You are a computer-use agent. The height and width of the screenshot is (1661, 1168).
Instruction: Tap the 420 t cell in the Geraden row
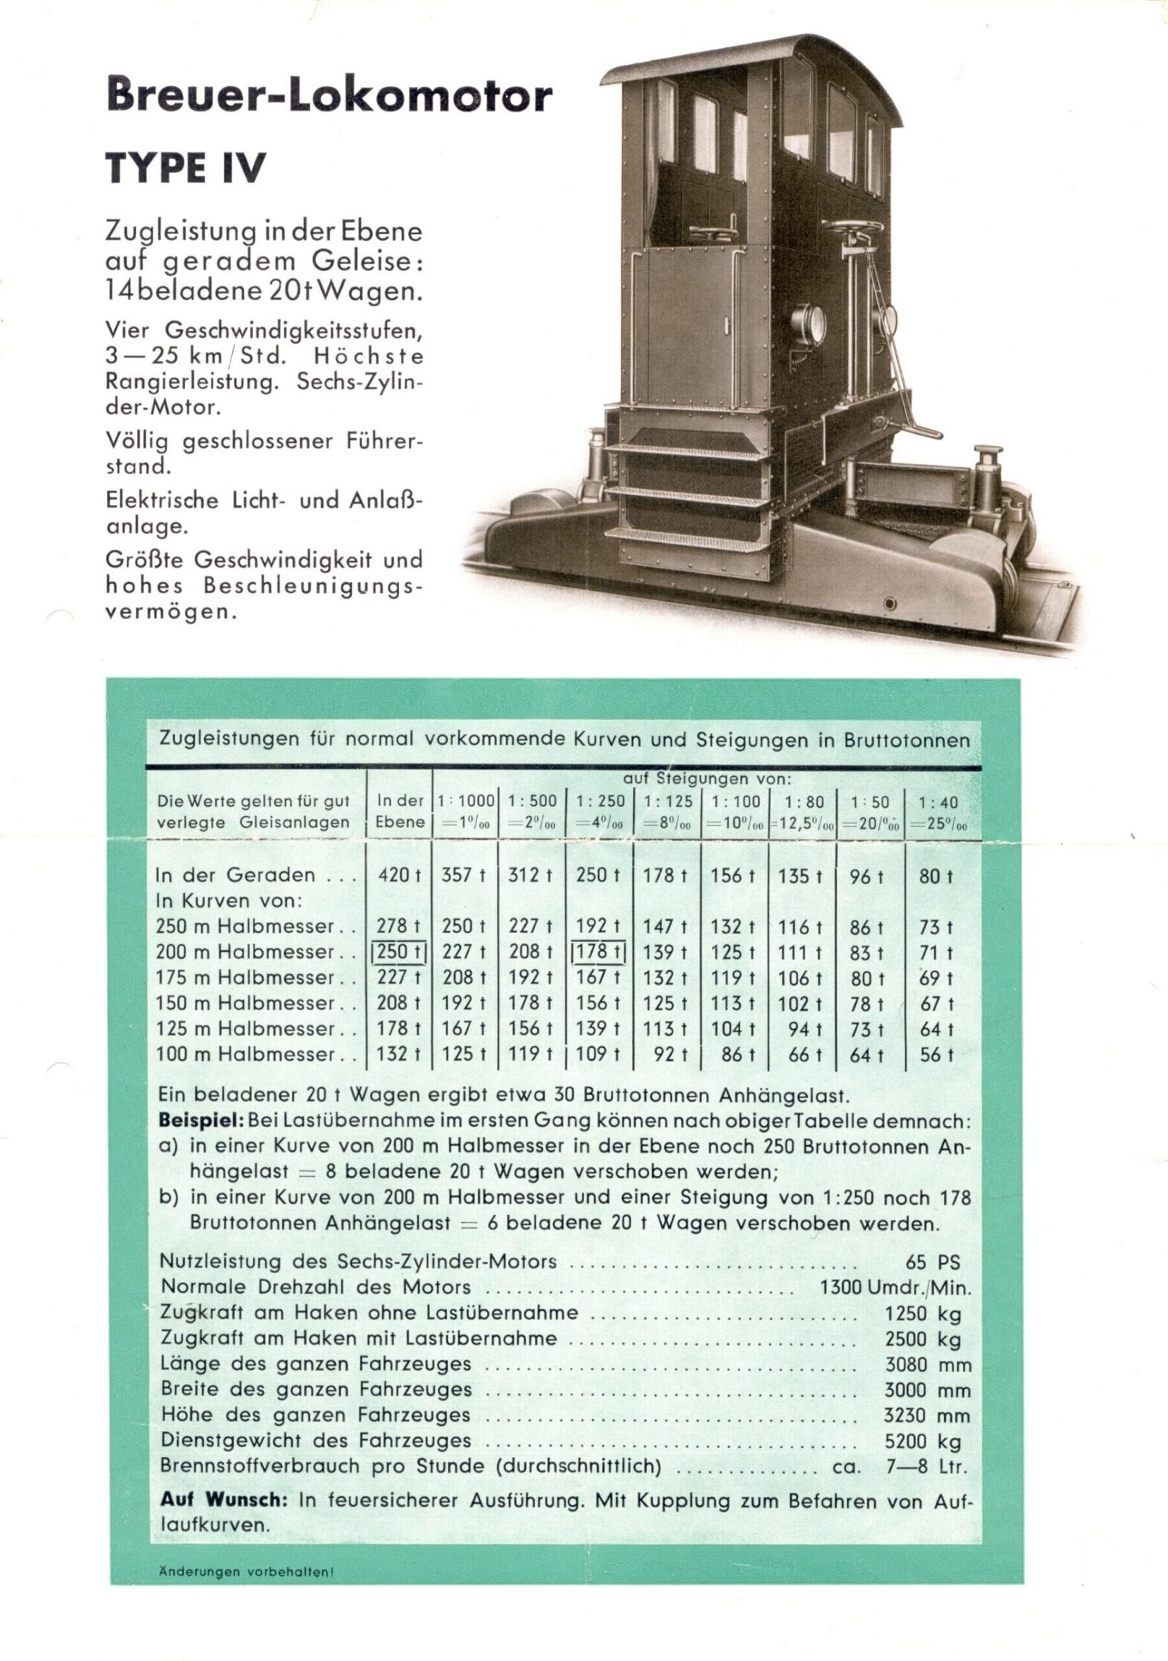click(x=400, y=875)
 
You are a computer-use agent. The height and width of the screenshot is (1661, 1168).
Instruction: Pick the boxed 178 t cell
click(x=598, y=952)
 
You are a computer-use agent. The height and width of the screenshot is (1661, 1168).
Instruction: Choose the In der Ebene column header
click(x=400, y=812)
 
